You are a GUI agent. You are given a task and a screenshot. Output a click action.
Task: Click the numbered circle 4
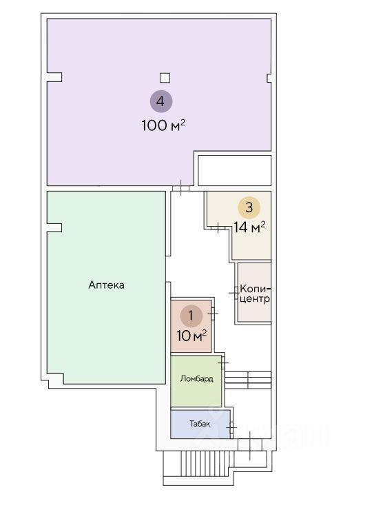(161, 101)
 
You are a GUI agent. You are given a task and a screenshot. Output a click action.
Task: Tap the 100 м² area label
(163, 125)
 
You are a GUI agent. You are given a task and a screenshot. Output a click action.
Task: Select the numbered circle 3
(249, 207)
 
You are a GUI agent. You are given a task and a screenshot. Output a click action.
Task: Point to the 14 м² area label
(249, 227)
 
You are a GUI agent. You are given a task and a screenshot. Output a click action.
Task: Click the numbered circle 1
(191, 316)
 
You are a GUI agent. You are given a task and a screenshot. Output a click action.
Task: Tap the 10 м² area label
(191, 336)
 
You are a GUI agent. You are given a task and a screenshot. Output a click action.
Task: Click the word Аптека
(106, 285)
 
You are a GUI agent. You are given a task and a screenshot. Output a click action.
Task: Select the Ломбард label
(197, 379)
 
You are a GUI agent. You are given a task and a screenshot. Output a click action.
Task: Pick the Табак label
(200, 424)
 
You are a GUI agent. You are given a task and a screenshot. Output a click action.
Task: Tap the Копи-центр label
(255, 294)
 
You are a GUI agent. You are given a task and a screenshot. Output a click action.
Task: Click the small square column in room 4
(165, 78)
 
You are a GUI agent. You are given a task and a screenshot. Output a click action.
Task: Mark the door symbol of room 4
(180, 187)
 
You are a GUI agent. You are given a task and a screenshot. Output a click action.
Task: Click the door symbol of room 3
(218, 227)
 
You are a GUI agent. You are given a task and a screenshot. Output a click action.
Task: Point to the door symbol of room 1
(213, 314)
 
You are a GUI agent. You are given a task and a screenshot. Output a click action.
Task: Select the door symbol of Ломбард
(223, 362)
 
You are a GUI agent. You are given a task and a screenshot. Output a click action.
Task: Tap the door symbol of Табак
(231, 427)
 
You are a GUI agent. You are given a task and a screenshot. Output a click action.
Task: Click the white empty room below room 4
(235, 170)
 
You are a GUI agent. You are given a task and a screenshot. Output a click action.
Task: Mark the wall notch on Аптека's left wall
(54, 227)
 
